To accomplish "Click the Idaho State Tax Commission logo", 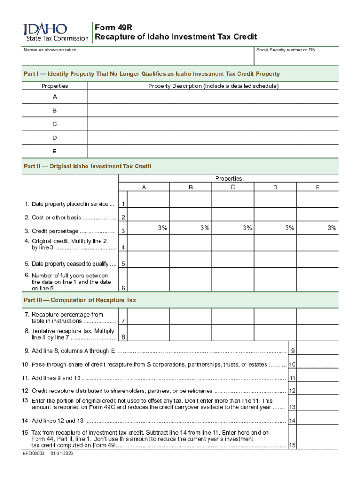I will pyautogui.click(x=56, y=32).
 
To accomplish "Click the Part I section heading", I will pyautogui.click(x=152, y=74).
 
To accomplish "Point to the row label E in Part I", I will pyautogui.click(x=55, y=151).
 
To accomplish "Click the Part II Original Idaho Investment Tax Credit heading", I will pyautogui.click(x=87, y=166).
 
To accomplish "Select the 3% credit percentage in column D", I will pyautogui.click(x=290, y=228).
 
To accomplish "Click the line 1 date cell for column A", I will pyautogui.click(x=148, y=199).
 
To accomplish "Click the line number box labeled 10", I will pyautogui.click(x=292, y=364).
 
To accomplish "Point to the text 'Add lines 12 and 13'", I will pyautogui.click(x=56, y=421).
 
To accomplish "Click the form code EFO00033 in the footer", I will pyautogui.click(x=33, y=454).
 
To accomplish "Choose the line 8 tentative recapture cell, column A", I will pyautogui.click(x=148, y=333).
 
